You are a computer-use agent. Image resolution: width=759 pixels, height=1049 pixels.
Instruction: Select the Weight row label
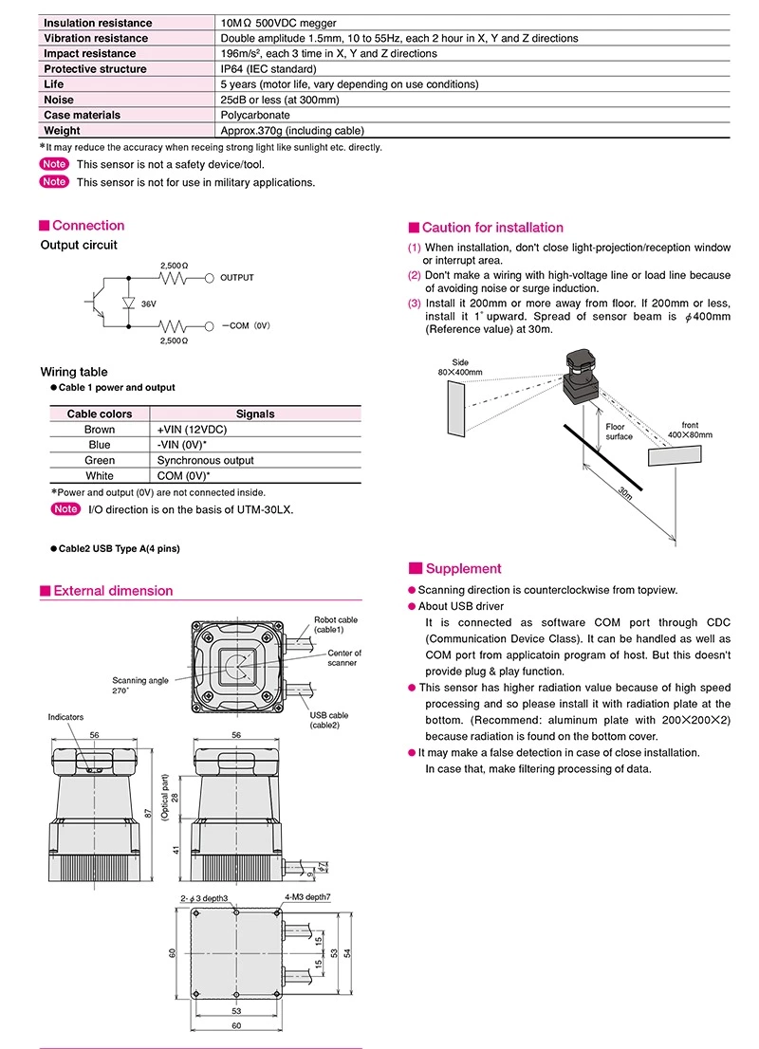click(x=63, y=131)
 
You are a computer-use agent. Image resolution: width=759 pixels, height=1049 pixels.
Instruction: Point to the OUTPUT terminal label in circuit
click(x=237, y=278)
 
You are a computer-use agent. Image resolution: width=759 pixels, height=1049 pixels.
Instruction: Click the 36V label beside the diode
click(x=148, y=304)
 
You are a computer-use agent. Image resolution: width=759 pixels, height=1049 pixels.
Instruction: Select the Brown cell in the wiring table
click(x=100, y=430)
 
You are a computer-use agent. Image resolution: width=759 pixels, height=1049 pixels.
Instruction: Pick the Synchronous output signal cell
click(x=205, y=460)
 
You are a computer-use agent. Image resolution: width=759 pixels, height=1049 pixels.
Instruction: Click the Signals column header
click(x=255, y=414)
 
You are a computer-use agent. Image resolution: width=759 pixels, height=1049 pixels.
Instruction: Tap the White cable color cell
click(x=100, y=476)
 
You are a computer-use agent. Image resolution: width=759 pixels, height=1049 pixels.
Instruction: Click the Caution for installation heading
click(x=491, y=228)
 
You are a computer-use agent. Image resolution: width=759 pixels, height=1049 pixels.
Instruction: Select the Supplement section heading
click(x=463, y=569)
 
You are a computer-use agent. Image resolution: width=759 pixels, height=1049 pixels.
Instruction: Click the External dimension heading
click(x=113, y=591)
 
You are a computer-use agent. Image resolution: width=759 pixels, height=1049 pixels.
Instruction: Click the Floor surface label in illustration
click(x=620, y=432)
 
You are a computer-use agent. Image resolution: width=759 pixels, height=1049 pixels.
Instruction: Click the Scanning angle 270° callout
click(x=140, y=686)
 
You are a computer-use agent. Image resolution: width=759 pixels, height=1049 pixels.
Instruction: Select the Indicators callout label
click(x=65, y=718)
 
